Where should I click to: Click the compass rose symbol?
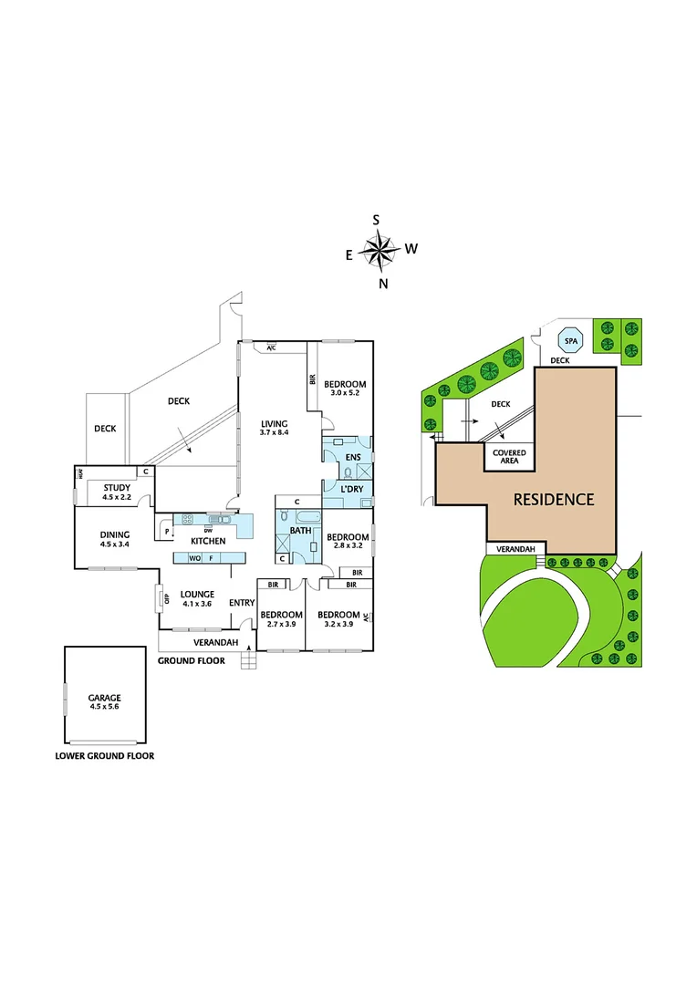[x=380, y=248]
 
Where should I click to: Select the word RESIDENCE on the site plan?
[x=553, y=499]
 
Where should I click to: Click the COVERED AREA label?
[x=509, y=457]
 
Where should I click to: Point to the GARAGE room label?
[x=104, y=698]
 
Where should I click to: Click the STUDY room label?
[x=116, y=488]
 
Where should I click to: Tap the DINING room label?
[x=115, y=535]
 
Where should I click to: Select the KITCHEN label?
[x=207, y=541]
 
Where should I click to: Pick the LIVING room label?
[x=274, y=424]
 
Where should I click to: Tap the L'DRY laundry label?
[x=353, y=491]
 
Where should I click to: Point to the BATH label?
[x=300, y=530]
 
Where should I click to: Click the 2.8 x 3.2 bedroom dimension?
[x=348, y=547]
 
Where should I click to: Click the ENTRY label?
[x=242, y=603]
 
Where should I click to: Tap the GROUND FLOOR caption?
[x=191, y=660]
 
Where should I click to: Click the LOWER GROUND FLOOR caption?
[x=104, y=756]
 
